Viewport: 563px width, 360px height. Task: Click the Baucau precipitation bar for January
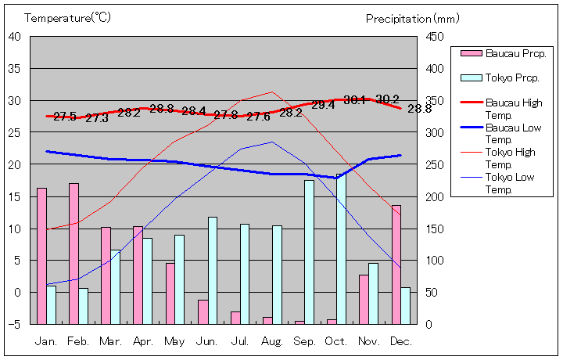coord(41,256)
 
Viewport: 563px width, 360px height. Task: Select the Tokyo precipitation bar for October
coord(341,249)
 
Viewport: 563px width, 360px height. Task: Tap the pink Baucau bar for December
coord(396,265)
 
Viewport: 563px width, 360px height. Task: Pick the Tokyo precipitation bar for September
coord(309,252)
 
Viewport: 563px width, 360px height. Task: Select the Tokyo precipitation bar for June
coord(213,270)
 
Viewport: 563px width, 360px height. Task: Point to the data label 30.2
coord(387,99)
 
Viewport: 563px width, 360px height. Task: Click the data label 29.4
coord(323,105)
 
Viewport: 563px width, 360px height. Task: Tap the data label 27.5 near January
coord(65,117)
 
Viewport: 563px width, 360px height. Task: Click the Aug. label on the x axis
coord(272,341)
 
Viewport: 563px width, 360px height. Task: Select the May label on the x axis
coord(175,341)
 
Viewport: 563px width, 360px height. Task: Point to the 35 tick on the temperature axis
coord(15,68)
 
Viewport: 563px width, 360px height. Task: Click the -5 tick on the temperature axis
coord(15,324)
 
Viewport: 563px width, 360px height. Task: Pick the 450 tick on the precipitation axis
coord(436,37)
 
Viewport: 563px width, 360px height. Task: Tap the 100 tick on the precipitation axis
coord(436,261)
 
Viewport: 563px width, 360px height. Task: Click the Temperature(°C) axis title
coord(69,17)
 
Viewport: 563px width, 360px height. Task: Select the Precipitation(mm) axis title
coord(412,18)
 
